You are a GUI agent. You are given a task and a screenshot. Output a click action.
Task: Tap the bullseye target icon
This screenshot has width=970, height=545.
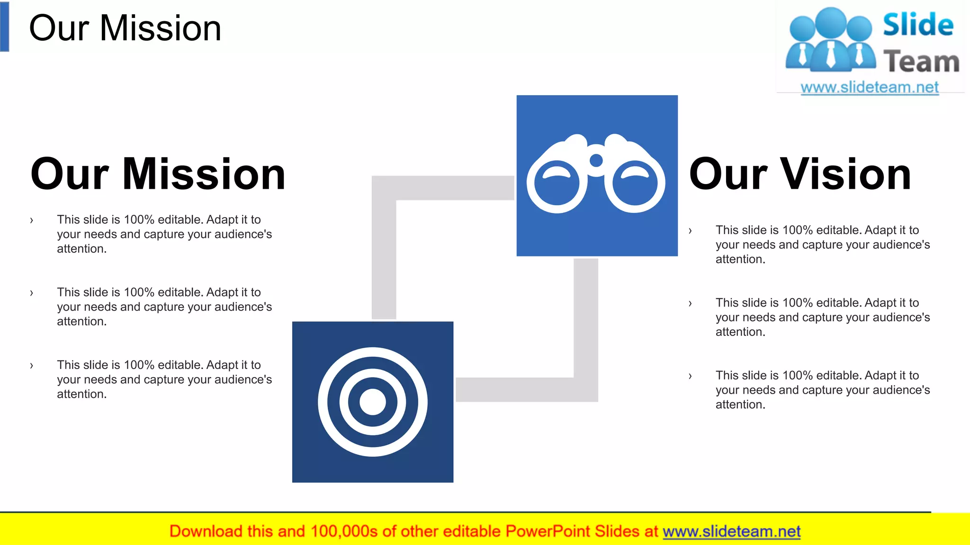click(x=373, y=402)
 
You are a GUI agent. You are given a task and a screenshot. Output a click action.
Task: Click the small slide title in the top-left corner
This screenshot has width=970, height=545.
click(x=125, y=28)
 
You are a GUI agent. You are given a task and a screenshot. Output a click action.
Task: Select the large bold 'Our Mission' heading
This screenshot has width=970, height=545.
click(x=158, y=174)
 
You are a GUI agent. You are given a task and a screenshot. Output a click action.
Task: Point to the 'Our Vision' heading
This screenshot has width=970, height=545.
click(x=800, y=174)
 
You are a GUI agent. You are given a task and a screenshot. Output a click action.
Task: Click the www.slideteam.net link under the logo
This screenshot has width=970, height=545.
click(x=870, y=88)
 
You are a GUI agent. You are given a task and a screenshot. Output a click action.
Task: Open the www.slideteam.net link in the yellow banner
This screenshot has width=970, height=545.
click(x=731, y=532)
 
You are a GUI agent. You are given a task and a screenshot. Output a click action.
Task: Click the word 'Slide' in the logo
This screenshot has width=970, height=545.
click(x=918, y=25)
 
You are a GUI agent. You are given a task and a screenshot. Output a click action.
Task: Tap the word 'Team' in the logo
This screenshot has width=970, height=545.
click(x=921, y=62)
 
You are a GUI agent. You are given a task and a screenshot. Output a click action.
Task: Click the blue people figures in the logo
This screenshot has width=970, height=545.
click(x=831, y=40)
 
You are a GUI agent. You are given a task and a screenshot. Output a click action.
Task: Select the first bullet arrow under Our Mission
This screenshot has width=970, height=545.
click(x=32, y=220)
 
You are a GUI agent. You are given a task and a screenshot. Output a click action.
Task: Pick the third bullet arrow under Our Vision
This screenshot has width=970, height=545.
click(x=690, y=376)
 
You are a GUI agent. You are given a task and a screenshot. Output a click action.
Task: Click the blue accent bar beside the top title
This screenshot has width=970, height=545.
click(x=5, y=26)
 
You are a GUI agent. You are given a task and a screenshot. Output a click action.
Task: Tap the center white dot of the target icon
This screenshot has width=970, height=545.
click(x=373, y=402)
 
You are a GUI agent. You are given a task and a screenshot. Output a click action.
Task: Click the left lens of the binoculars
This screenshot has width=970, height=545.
click(x=557, y=184)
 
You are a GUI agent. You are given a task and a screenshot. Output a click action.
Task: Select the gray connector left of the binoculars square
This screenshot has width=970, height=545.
click(x=443, y=188)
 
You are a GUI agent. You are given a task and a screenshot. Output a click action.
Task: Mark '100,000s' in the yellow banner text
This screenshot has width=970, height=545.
click(x=344, y=532)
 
